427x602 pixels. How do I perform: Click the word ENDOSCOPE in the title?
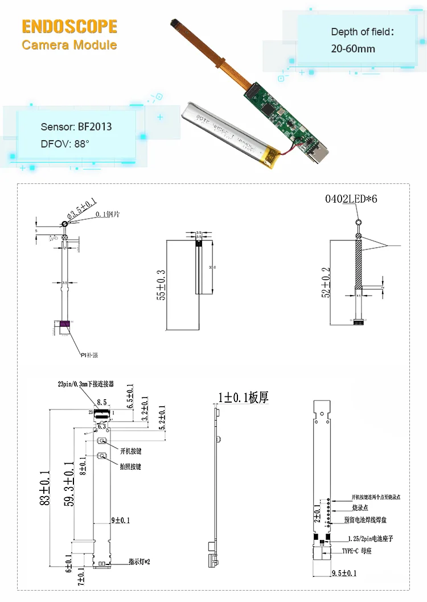69,26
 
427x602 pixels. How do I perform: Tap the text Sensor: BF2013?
76,126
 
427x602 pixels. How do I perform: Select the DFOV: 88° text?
65,144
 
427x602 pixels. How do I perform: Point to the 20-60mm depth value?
353,49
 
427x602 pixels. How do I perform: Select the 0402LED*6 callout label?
351,199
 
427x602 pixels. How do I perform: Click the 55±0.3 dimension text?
162,285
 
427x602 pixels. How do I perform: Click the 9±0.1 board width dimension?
120,520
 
